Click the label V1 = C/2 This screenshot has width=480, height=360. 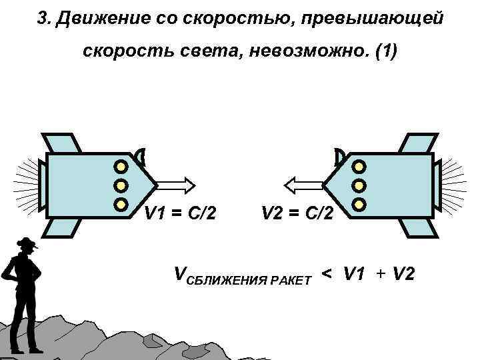(180, 214)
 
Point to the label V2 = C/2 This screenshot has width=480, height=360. (300, 214)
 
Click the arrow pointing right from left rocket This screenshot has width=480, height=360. (175, 183)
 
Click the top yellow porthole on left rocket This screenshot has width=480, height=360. (121, 165)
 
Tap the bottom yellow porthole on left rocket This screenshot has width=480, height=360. (121, 203)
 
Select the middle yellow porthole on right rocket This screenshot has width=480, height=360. (359, 184)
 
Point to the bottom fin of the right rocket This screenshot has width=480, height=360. (417, 227)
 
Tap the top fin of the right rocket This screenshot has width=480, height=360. (417, 143)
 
